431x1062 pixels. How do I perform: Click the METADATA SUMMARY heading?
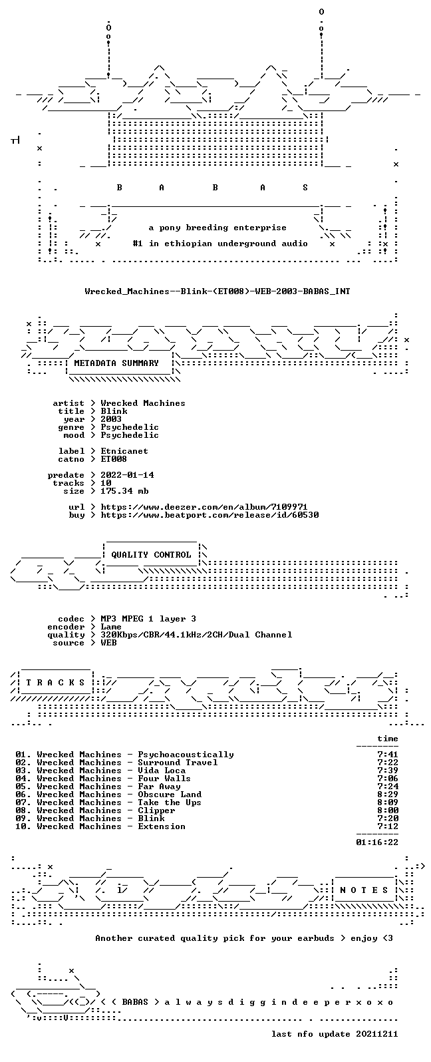point(116,363)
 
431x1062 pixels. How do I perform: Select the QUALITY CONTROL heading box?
point(151,555)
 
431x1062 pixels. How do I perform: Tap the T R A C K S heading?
point(55,683)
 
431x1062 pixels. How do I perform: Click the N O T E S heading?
point(364,890)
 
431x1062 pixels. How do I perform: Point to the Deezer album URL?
point(204,507)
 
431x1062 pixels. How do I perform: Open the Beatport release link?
point(210,515)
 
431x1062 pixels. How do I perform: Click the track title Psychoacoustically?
point(186,755)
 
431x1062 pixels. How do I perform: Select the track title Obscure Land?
point(170,795)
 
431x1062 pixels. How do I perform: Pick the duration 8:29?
point(388,795)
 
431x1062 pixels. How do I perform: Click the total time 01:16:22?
point(377,842)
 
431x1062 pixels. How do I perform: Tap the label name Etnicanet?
point(124,451)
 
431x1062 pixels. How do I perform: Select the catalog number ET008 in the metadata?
point(114,459)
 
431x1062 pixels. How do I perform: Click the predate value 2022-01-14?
point(127,475)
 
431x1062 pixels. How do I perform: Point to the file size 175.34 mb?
point(124,491)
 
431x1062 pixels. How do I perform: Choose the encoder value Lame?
point(111,627)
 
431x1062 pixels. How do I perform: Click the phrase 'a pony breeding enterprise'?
point(217,228)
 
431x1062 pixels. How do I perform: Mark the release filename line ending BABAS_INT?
point(217,291)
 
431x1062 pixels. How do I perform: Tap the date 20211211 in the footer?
point(377,1034)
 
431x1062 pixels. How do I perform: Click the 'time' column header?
point(388,739)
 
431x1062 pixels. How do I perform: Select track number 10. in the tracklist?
point(23,826)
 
